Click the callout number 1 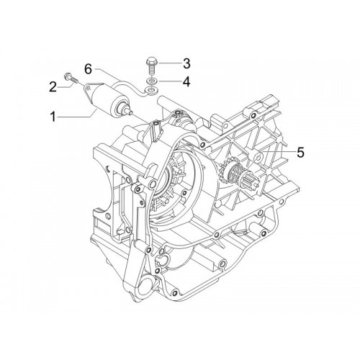(x=53, y=117)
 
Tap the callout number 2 (x=53, y=86)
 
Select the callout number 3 (x=186, y=63)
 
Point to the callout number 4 (x=186, y=81)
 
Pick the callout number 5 (x=300, y=153)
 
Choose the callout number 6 (x=88, y=69)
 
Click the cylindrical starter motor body (x=107, y=99)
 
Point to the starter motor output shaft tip (x=131, y=112)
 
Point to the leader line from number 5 (x=279, y=152)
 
